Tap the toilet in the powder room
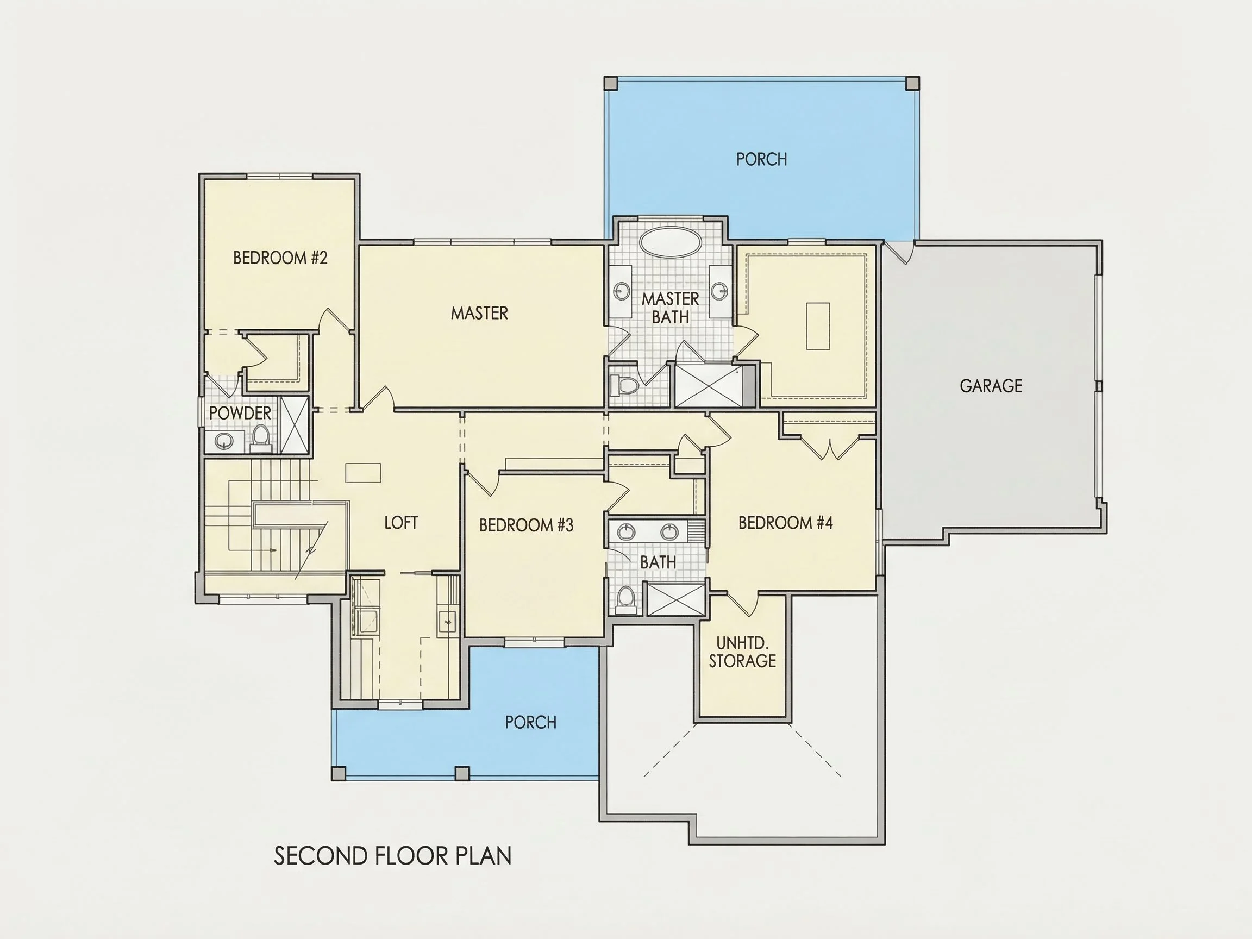[x=261, y=438]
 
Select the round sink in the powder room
[x=224, y=441]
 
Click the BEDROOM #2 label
[x=280, y=258]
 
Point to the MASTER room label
[x=479, y=313]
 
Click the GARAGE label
[x=991, y=386]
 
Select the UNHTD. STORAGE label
[x=743, y=652]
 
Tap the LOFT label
[x=401, y=522]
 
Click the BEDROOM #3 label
[x=527, y=525]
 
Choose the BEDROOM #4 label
[x=786, y=522]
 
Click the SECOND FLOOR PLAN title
[x=393, y=856]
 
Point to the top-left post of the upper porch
[x=611, y=83]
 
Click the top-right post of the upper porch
[x=912, y=83]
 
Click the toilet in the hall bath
[x=625, y=599]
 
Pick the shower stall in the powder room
[x=295, y=425]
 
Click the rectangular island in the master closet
[x=818, y=326]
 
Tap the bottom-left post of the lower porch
[x=338, y=773]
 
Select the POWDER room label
[x=240, y=413]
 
